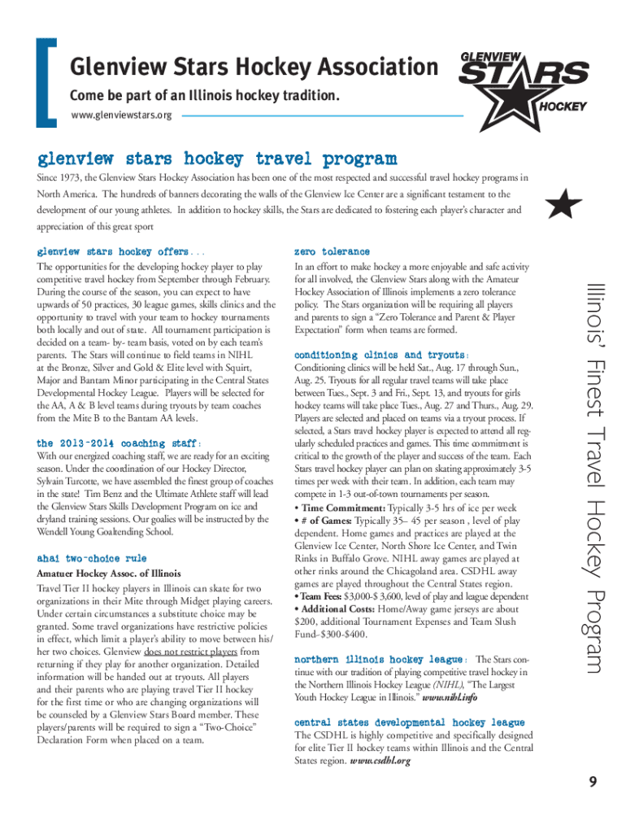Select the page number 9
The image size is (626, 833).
593,783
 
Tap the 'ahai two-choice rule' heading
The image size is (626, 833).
92,558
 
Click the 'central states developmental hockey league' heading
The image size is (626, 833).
409,722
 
